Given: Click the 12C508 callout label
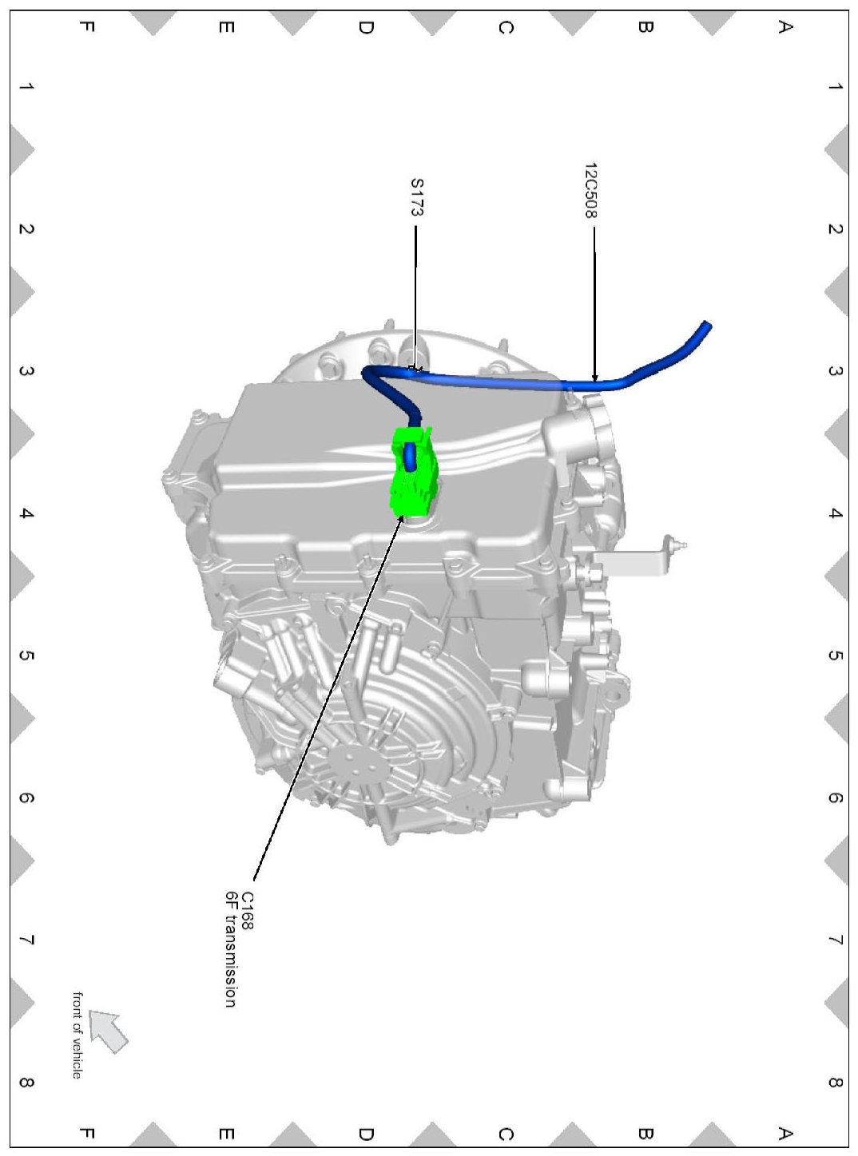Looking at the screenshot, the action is click(x=590, y=190).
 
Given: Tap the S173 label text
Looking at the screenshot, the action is click(x=417, y=197).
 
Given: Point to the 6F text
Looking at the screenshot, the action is click(x=231, y=900).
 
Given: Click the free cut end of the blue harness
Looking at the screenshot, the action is click(x=707, y=325).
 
